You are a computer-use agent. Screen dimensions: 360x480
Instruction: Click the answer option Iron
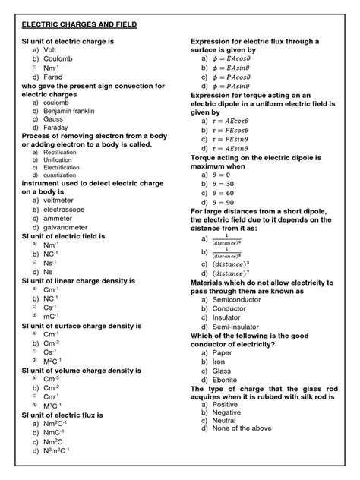(223, 362)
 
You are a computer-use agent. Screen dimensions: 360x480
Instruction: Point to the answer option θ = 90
(229, 202)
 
